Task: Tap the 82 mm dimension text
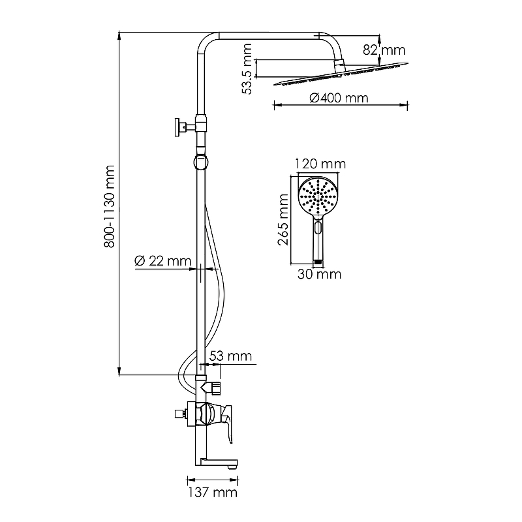pos(393,50)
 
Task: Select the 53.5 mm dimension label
pos(247,69)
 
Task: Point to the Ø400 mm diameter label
pos(339,98)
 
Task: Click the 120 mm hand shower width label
pos(320,164)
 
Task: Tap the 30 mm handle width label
pos(319,275)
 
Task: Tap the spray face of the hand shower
pos(318,196)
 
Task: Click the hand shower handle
pos(318,245)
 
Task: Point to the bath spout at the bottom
pos(219,464)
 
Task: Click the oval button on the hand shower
pos(318,228)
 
